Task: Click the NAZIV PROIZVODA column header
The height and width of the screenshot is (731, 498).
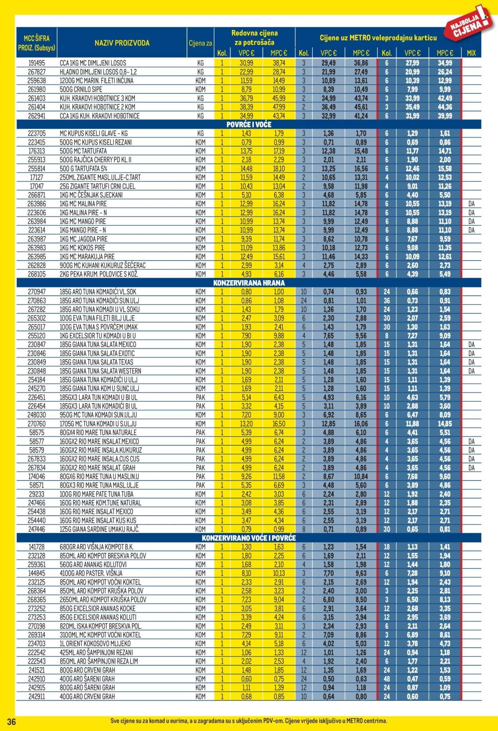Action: pyautogui.click(x=122, y=43)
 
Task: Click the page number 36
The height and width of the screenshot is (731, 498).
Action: pyautogui.click(x=12, y=722)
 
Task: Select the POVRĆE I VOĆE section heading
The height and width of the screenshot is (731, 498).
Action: pyautogui.click(x=249, y=125)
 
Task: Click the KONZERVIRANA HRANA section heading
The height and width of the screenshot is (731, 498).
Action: pyautogui.click(x=249, y=283)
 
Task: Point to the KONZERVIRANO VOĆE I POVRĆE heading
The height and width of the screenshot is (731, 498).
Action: pyautogui.click(x=249, y=538)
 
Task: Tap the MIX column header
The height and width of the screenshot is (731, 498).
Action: pyautogui.click(x=471, y=53)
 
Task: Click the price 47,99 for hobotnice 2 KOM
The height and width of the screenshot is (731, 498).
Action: pyautogui.click(x=279, y=107)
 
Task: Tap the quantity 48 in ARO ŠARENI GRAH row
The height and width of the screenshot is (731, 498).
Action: pyautogui.click(x=386, y=679)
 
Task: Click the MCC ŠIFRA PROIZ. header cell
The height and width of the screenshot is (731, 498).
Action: pyautogui.click(x=36, y=43)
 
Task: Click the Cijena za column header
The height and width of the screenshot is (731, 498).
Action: pyautogui.click(x=200, y=43)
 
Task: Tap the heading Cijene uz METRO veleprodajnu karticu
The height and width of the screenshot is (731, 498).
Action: pyautogui.click(x=378, y=38)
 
